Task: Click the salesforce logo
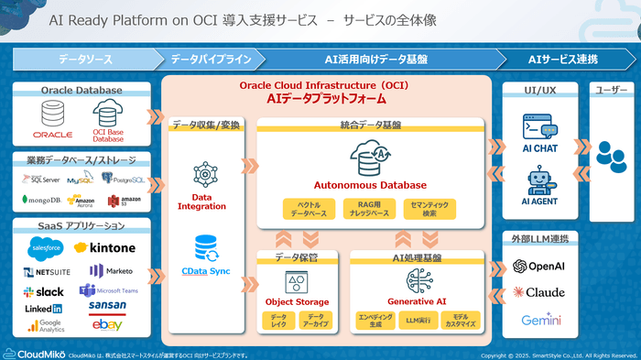pos(44,247)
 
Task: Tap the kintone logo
pos(104,247)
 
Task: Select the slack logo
pos(43,291)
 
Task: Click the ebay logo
pos(107,325)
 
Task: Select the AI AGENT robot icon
pos(539,180)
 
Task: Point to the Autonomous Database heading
pos(377,184)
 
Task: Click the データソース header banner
pos(85,59)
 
